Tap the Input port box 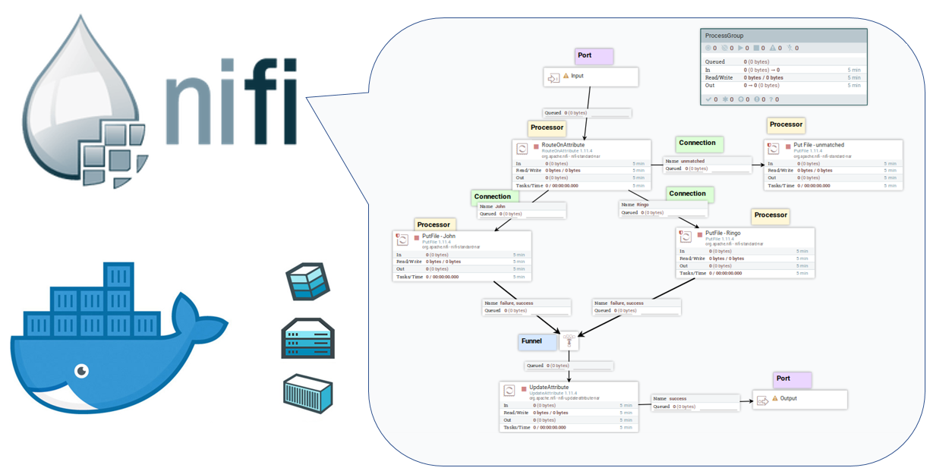pos(591,77)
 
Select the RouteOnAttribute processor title pos(563,144)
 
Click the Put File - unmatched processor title pos(818,145)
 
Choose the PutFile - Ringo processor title pos(722,234)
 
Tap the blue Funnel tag pos(531,341)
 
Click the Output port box pos(799,399)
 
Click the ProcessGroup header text pos(724,36)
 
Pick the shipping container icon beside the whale pos(307,393)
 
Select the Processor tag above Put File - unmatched pos(786,124)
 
